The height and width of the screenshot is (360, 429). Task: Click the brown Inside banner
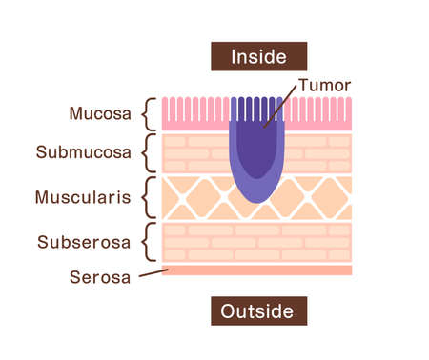(258, 56)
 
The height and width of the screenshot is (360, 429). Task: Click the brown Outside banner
(258, 311)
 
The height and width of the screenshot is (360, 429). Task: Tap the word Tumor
(324, 86)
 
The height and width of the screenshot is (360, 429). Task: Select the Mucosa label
(99, 114)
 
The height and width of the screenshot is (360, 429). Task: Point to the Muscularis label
(83, 197)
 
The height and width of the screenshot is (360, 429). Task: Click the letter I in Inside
(234, 56)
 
